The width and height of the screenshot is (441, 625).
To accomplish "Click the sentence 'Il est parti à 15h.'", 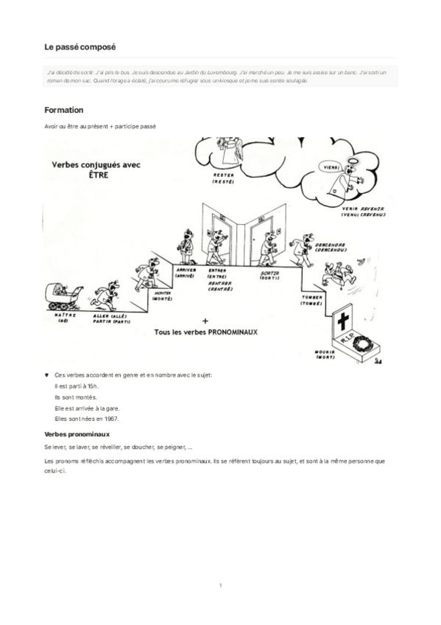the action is tap(77, 386).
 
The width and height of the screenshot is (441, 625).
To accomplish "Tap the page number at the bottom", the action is tap(220, 585).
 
